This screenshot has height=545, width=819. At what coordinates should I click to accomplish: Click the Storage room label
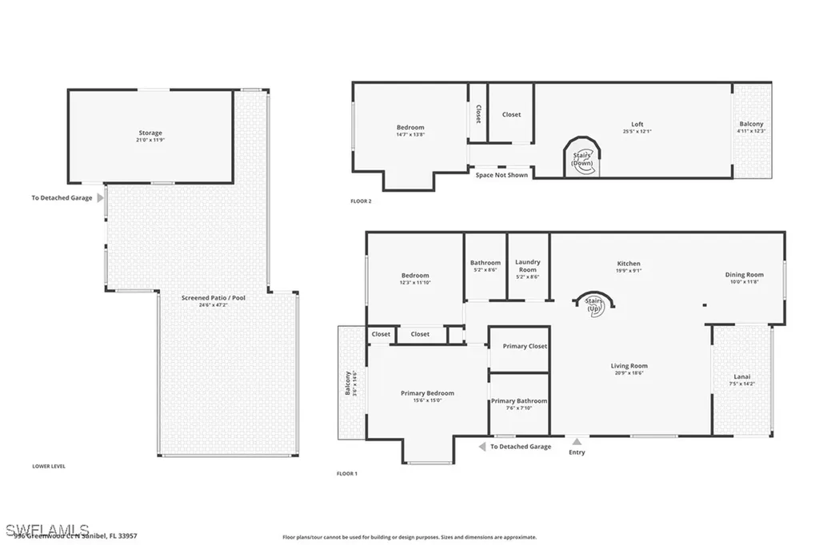point(150,133)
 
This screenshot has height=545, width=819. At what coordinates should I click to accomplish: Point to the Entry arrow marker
point(577,440)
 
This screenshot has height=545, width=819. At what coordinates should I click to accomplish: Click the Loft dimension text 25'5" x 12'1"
point(637,132)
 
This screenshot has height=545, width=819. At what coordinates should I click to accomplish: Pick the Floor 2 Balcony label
point(751,124)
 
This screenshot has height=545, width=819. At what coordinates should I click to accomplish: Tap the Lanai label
point(742,376)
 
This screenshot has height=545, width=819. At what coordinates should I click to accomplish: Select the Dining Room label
point(745,275)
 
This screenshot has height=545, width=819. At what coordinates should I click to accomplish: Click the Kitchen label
point(628,264)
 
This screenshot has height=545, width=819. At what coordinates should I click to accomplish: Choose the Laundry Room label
point(527,265)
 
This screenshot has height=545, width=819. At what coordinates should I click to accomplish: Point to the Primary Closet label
point(524,346)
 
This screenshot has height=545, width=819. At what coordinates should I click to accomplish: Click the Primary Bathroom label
point(519,401)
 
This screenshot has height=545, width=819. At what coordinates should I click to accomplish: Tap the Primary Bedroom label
point(427,393)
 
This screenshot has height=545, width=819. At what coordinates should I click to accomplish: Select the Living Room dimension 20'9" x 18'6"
point(629,373)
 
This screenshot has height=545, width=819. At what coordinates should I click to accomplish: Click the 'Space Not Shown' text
point(501,175)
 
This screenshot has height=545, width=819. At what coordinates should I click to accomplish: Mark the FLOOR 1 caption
point(346,474)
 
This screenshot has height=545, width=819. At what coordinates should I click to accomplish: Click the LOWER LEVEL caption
point(49,466)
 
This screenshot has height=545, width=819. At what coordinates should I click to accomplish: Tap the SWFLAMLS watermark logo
point(46,530)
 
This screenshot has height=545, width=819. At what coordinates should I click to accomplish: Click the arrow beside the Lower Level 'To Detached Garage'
point(100,197)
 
